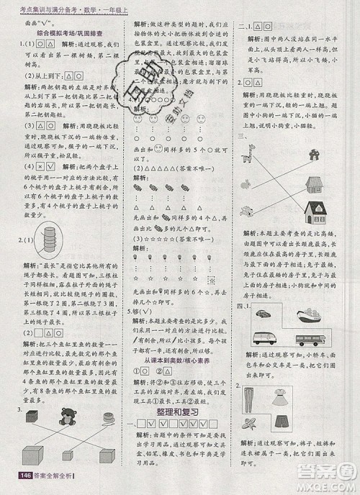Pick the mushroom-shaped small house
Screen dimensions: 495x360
point(315,153)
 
